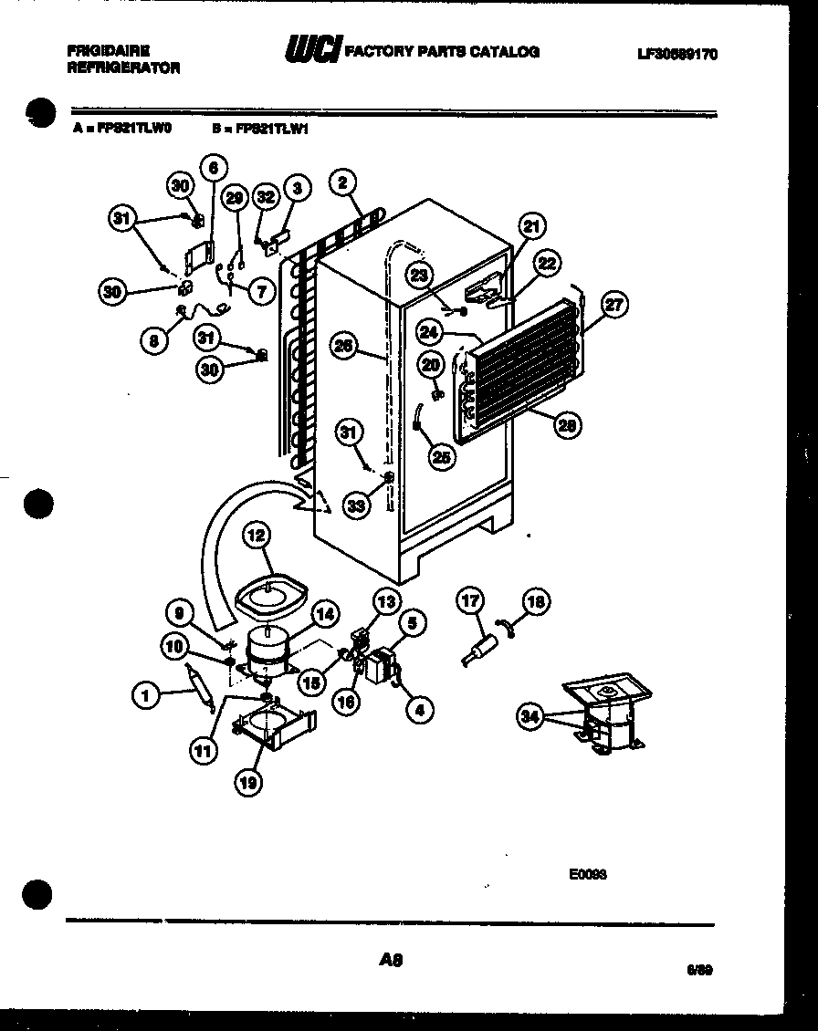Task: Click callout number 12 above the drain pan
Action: (257, 537)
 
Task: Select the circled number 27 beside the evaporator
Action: (613, 305)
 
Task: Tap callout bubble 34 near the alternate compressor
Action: (530, 716)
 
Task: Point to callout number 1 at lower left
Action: (144, 697)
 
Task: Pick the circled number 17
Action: (470, 600)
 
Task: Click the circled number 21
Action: (531, 226)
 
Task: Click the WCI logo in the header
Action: (311, 51)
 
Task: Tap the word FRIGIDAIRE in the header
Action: (108, 51)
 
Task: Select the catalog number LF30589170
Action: (676, 54)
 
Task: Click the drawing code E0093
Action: (587, 873)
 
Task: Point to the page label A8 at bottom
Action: (390, 959)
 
